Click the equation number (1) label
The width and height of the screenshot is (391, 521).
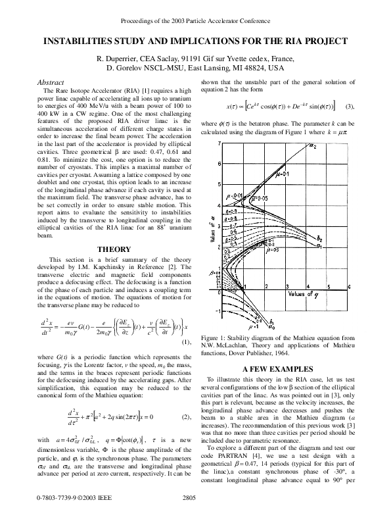(186, 341)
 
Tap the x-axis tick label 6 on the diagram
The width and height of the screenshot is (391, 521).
(348, 286)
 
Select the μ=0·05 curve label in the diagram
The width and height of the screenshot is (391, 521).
(262, 197)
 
